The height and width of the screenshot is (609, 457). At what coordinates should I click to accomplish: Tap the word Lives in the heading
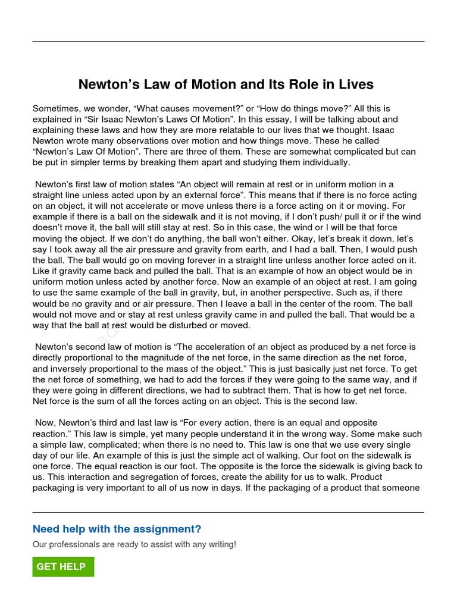(x=355, y=84)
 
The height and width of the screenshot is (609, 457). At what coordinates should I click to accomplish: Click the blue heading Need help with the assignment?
(x=117, y=529)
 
